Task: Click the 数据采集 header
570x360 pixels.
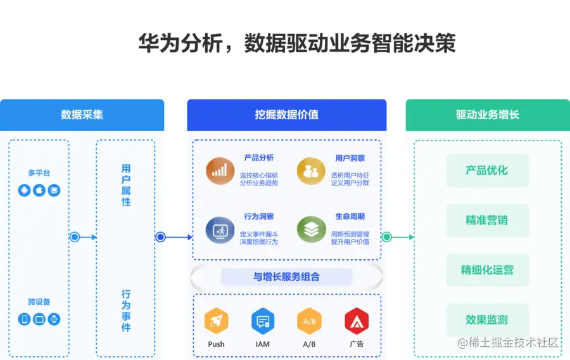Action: tap(82, 115)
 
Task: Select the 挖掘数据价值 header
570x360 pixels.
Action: tap(286, 115)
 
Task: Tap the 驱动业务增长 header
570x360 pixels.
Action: tap(487, 115)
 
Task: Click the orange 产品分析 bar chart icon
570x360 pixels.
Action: tap(220, 170)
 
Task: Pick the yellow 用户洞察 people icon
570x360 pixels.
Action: tap(311, 170)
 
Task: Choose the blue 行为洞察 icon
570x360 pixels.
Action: tap(220, 229)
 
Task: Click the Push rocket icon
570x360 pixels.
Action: tap(216, 321)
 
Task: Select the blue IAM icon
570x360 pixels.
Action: tap(262, 321)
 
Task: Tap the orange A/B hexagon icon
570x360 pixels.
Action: tap(309, 321)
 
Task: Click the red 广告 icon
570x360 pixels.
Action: tap(357, 321)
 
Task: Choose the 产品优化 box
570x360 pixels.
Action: tap(487, 170)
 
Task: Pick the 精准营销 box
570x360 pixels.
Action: tap(487, 221)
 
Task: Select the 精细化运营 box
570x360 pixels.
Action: tap(487, 270)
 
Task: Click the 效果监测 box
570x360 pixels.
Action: tap(487, 320)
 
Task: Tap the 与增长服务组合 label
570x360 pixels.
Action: tap(286, 277)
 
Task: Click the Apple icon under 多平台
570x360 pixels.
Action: tap(39, 190)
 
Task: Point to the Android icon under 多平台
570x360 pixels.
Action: tap(25, 190)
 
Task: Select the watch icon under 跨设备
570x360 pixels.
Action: tap(54, 319)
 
